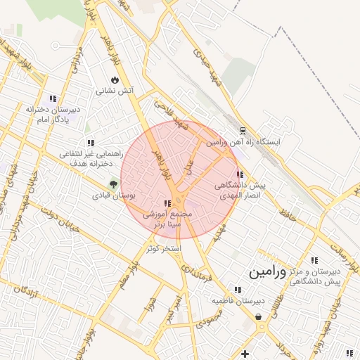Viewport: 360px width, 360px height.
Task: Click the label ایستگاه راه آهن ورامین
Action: pos(243,142)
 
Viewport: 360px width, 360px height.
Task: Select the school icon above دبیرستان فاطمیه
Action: pos(236,289)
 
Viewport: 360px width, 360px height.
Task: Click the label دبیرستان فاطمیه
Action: pos(238,301)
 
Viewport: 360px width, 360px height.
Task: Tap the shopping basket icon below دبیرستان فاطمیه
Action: pos(260,316)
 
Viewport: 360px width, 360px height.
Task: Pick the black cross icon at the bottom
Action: pos(245,353)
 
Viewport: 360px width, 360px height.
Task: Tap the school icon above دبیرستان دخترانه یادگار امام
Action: pos(52,98)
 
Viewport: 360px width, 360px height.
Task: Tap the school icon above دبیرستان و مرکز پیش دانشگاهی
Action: pos(314,259)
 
